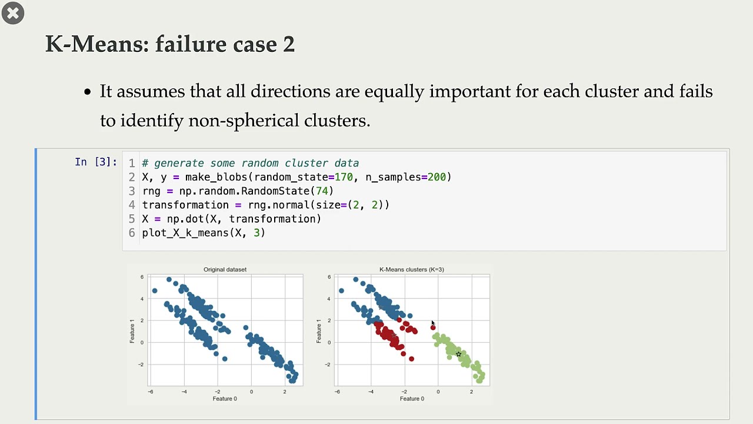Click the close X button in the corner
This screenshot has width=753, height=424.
pyautogui.click(x=13, y=13)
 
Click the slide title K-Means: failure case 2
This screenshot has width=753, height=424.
pyautogui.click(x=170, y=44)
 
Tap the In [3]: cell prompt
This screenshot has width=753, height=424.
pyautogui.click(x=96, y=162)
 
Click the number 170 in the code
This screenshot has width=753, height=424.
pyautogui.click(x=344, y=177)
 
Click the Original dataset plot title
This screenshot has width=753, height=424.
pyautogui.click(x=225, y=270)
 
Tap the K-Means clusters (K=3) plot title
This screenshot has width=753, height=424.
pyautogui.click(x=411, y=270)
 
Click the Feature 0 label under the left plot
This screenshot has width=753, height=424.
pyautogui.click(x=225, y=399)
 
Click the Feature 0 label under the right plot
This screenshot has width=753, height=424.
pyautogui.click(x=412, y=399)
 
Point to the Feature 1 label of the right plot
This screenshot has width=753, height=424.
pyautogui.click(x=319, y=330)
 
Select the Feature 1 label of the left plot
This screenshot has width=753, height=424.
pyautogui.click(x=132, y=330)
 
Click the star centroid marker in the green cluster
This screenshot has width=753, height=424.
pyautogui.click(x=458, y=354)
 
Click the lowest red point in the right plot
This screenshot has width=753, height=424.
pyautogui.click(x=411, y=359)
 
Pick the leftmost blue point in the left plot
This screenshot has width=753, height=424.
pyautogui.click(x=155, y=291)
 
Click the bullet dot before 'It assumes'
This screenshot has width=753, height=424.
pyautogui.click(x=88, y=92)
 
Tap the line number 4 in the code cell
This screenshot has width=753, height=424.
pyautogui.click(x=132, y=205)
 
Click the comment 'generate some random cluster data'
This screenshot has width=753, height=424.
pyautogui.click(x=256, y=163)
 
